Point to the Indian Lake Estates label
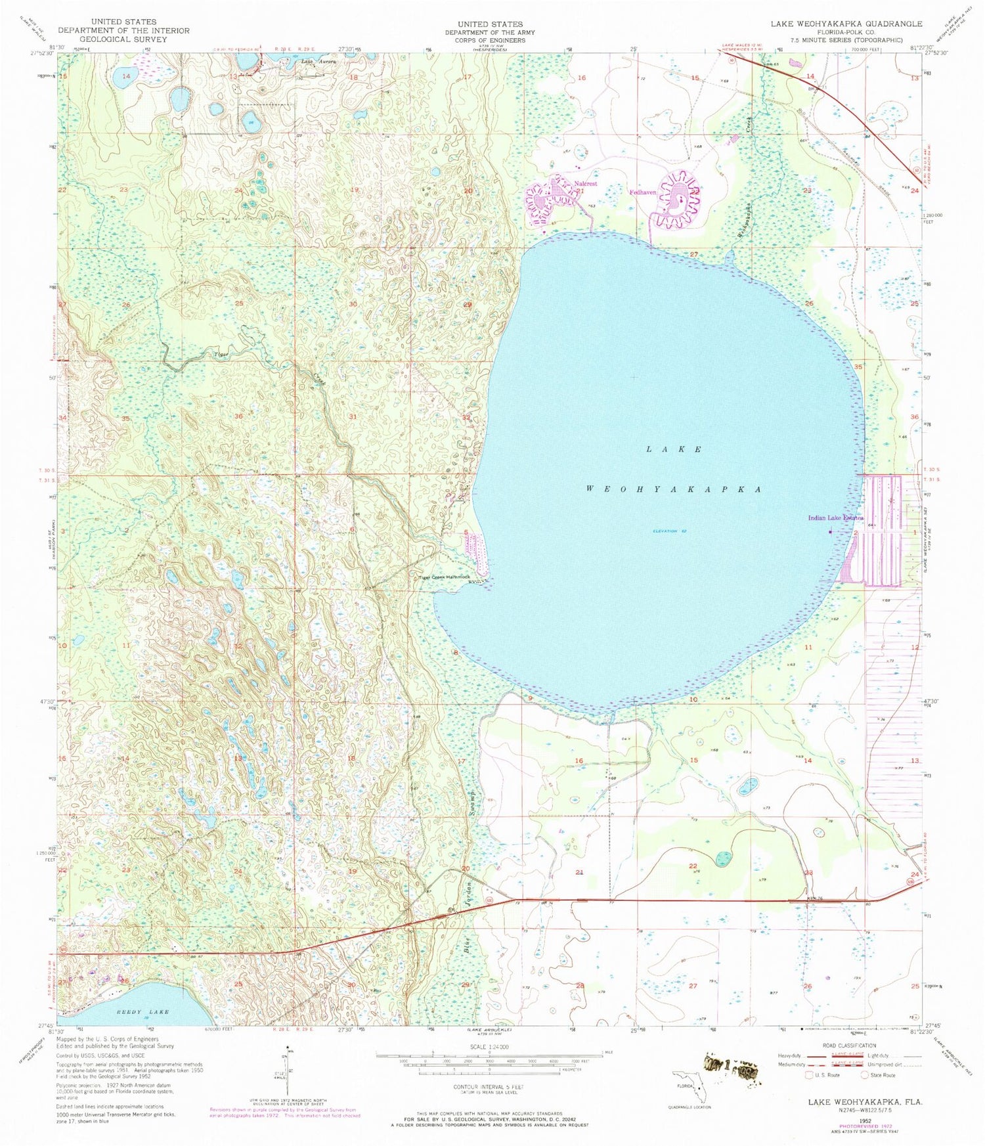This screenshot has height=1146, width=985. coord(835,518)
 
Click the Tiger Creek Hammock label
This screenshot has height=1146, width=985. coord(445,578)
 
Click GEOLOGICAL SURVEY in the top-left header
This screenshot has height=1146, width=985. coord(123,39)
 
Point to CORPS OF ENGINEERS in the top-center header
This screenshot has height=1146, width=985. coord(490,40)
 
